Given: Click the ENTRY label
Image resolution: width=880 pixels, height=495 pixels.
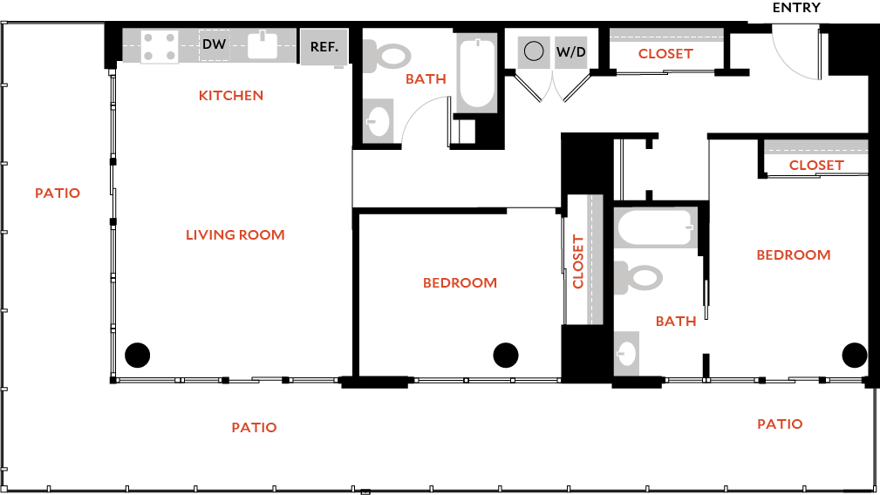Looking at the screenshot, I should click(x=796, y=8).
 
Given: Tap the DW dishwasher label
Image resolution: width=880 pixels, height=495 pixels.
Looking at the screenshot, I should click(x=215, y=44).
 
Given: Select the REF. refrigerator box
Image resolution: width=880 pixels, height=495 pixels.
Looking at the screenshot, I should click(x=324, y=47).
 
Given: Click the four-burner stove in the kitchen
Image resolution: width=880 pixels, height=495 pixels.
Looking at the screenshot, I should click(x=160, y=46).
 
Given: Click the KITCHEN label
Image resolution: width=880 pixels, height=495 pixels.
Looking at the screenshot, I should click(x=231, y=95).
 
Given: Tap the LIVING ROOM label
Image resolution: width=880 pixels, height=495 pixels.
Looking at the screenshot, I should click(x=235, y=234).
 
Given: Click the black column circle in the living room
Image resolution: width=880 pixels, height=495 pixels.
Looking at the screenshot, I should click(x=137, y=355).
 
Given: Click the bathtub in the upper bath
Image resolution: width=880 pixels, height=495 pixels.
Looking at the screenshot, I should click(x=476, y=72).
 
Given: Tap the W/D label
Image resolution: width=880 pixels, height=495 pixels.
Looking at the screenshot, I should click(x=571, y=52).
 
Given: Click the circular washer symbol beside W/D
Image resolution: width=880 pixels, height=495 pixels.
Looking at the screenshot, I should click(x=534, y=51).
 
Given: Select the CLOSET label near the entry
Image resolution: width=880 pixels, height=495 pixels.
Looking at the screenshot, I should click(x=665, y=53).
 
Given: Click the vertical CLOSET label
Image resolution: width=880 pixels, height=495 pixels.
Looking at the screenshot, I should click(x=578, y=261).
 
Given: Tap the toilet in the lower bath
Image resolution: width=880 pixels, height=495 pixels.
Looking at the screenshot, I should click(x=640, y=278).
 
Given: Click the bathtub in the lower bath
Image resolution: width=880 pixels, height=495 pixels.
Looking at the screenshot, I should click(x=656, y=228).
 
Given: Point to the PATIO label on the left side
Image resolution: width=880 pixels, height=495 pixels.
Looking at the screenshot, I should click(x=58, y=193).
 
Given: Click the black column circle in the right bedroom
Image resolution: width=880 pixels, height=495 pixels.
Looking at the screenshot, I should click(x=854, y=355).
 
